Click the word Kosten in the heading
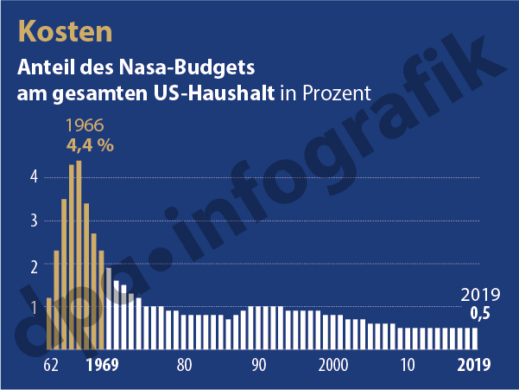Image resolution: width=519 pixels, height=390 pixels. (x=65, y=31)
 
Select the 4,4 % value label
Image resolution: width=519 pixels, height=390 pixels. (x=90, y=144)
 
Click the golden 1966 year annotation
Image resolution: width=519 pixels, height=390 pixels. (x=85, y=125)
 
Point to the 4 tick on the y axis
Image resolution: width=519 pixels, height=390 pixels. (x=35, y=177)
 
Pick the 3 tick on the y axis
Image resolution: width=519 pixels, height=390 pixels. (x=35, y=221)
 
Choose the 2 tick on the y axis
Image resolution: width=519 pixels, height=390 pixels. (x=35, y=265)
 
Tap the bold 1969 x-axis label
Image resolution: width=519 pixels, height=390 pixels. (x=102, y=364)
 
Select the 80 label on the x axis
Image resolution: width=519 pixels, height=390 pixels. (x=183, y=364)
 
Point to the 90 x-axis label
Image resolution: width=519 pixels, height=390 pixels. (x=258, y=364)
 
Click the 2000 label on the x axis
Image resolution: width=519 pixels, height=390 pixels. (x=333, y=364)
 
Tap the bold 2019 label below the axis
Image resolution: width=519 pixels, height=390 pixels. (x=473, y=364)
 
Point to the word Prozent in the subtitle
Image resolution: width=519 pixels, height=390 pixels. (x=333, y=93)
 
